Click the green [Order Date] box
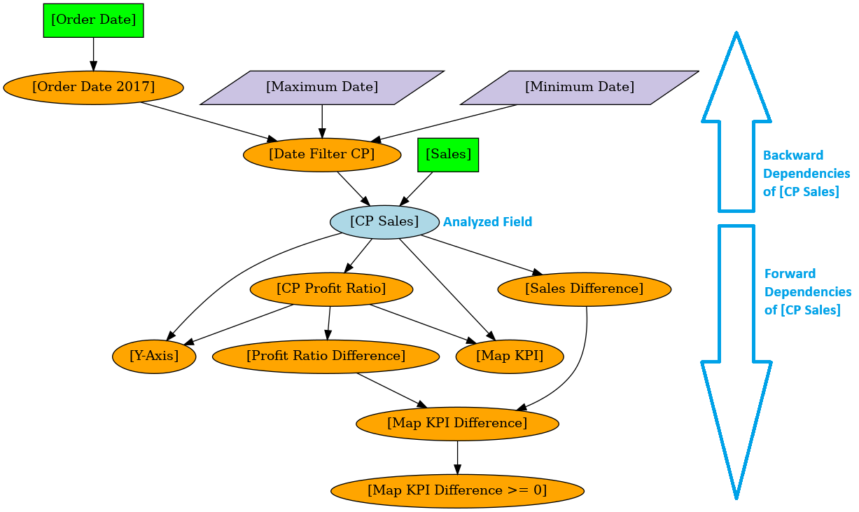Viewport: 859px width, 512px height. click(x=93, y=20)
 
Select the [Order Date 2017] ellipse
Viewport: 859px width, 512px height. click(x=93, y=88)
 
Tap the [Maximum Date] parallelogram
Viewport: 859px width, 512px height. click(x=322, y=88)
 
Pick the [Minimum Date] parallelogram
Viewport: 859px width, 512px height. click(x=579, y=88)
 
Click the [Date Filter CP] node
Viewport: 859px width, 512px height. click(x=322, y=155)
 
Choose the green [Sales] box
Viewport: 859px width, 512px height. click(x=448, y=155)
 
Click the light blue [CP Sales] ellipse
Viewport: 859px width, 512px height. click(x=384, y=222)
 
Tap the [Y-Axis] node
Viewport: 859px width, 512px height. click(x=154, y=357)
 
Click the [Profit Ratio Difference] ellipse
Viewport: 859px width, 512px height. click(x=326, y=357)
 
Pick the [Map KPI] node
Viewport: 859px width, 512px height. click(x=510, y=357)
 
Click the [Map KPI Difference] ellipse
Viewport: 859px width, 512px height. click(x=457, y=424)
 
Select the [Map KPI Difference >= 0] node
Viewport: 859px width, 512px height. click(x=457, y=491)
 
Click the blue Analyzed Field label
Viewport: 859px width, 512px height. click(x=487, y=222)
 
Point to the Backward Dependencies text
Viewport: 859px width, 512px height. click(x=806, y=173)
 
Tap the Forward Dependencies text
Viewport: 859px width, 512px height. click(x=807, y=292)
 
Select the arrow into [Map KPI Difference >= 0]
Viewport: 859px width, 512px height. click(x=457, y=457)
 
